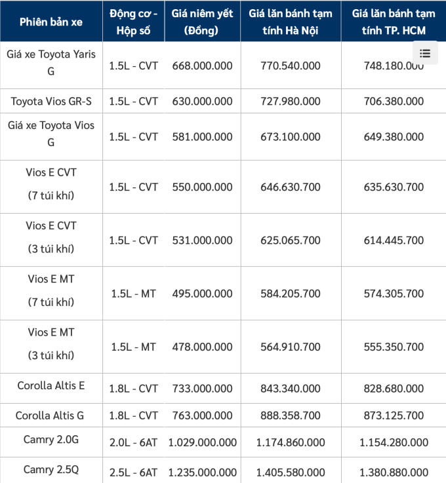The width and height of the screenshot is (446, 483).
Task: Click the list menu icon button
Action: [x=425, y=53]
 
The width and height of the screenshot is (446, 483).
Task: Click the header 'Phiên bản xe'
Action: [x=51, y=22]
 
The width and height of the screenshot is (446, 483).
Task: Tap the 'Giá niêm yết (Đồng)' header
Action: [x=202, y=22]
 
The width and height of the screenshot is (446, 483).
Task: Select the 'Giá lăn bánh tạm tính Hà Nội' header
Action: [x=291, y=22]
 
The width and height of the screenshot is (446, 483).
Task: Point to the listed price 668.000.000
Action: [x=202, y=66]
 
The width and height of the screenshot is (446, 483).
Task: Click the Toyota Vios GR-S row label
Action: [x=51, y=101]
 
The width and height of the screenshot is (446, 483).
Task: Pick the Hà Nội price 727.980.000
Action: [x=291, y=101]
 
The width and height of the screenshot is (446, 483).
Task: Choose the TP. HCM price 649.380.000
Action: [x=394, y=137]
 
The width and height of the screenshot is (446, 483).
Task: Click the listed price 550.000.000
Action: [x=202, y=187]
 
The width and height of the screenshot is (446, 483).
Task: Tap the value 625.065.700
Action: [x=291, y=241]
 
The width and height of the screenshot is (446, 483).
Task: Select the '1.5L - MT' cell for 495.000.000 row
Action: [x=133, y=294]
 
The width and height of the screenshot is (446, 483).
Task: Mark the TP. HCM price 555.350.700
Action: [x=394, y=347]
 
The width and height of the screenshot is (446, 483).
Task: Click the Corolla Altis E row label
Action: [x=51, y=385]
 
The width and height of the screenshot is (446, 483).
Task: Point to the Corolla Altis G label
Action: [x=51, y=415]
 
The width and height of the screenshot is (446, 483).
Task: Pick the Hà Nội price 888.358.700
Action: [x=291, y=415]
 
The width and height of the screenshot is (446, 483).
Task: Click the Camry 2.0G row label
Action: [x=51, y=440]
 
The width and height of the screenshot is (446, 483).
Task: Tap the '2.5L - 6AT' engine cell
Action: [x=133, y=472]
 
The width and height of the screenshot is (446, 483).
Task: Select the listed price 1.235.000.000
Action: [x=202, y=472]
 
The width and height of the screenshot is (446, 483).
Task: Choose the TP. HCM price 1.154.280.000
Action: [x=394, y=443]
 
